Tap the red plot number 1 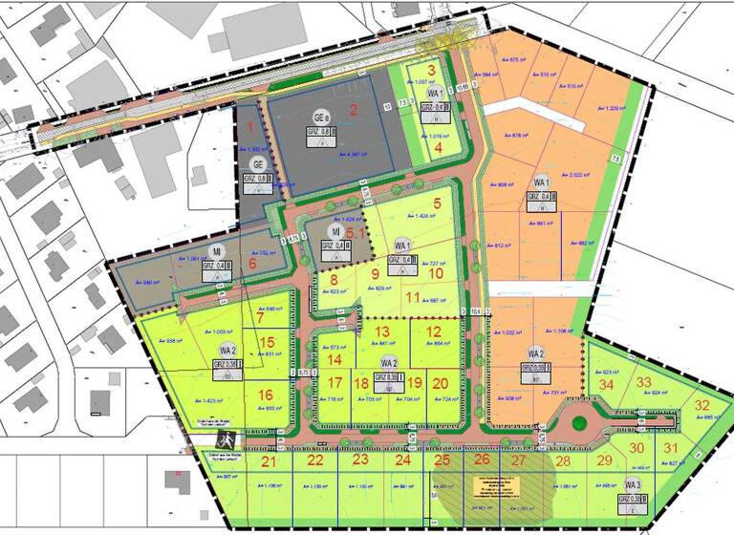click(x=250, y=125)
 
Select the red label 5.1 click(x=356, y=230)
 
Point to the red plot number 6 click(x=253, y=264)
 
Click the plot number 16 click(x=266, y=394)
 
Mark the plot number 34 click(x=605, y=384)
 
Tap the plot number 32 click(x=702, y=404)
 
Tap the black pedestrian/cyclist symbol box click(x=227, y=440)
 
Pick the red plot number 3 click(x=432, y=69)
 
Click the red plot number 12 click(x=434, y=332)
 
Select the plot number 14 click(x=335, y=359)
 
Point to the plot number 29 click(x=603, y=460)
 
